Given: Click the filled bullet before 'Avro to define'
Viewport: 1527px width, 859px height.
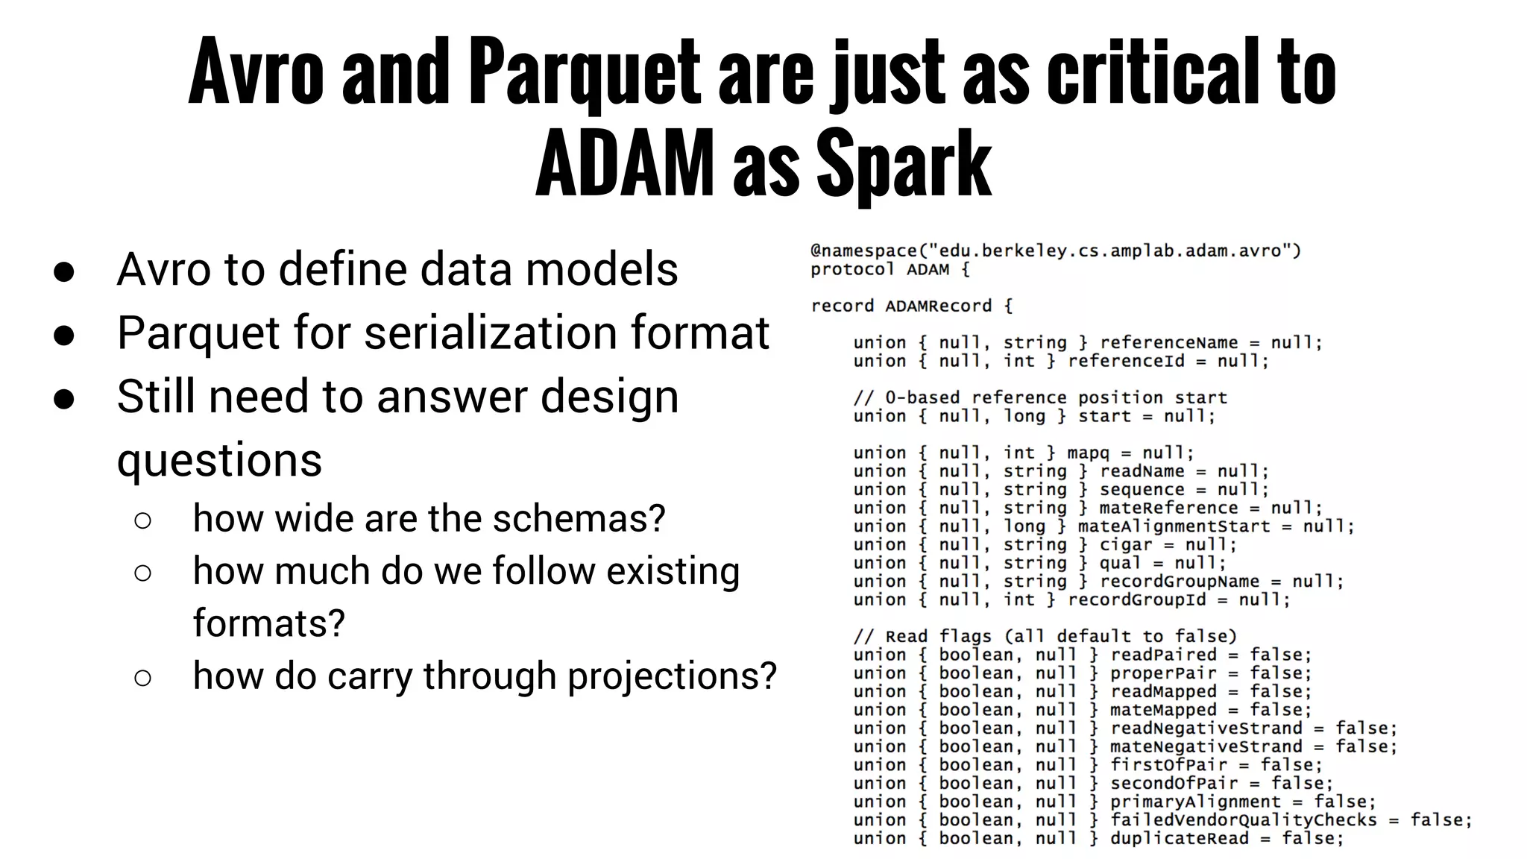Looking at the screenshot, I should click(64, 271).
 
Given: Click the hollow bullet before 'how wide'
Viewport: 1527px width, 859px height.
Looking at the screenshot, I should click(142, 520).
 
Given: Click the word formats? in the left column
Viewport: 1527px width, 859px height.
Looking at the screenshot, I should click(268, 623).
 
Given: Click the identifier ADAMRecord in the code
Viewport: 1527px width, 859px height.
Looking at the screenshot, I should click(938, 306).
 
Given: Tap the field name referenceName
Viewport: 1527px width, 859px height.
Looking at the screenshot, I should click(1168, 342).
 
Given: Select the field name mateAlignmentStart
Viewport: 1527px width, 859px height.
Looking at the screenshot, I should click(1174, 526).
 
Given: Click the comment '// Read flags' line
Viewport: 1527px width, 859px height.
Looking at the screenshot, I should click(1045, 636).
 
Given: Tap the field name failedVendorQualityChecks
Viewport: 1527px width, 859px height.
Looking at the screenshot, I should click(1243, 819).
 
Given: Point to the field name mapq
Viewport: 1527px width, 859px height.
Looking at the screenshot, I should click(1088, 453).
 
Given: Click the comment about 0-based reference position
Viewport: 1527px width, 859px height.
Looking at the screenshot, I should click(1039, 397).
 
